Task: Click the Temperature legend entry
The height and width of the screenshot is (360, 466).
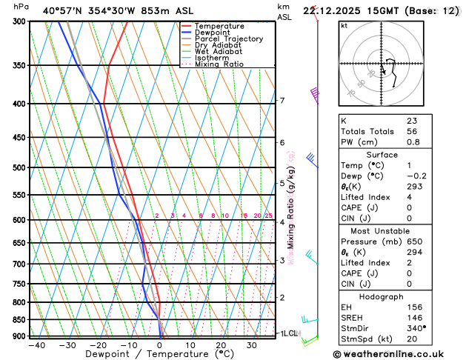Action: [x=219, y=26]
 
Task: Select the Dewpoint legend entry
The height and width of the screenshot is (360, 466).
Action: [x=212, y=33]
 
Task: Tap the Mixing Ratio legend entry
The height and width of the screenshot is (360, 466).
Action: [x=219, y=64]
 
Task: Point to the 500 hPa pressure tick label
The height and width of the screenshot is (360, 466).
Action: [x=17, y=168]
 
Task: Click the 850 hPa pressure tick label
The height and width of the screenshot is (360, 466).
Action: [x=17, y=320]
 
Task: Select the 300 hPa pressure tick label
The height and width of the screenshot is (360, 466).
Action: [x=17, y=21]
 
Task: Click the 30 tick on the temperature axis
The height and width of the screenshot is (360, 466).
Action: [x=252, y=345]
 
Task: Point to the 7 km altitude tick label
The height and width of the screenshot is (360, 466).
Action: [x=282, y=101]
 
